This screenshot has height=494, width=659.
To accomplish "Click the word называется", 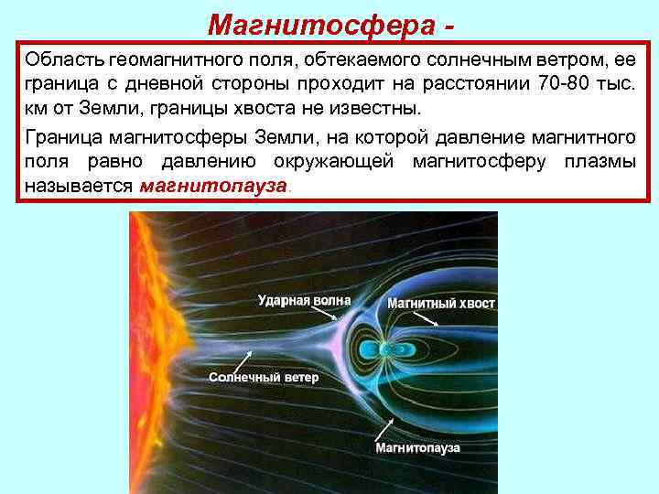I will (80, 187).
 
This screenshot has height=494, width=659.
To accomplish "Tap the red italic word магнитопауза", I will (213, 187).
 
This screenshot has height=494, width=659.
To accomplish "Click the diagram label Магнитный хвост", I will (441, 303).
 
